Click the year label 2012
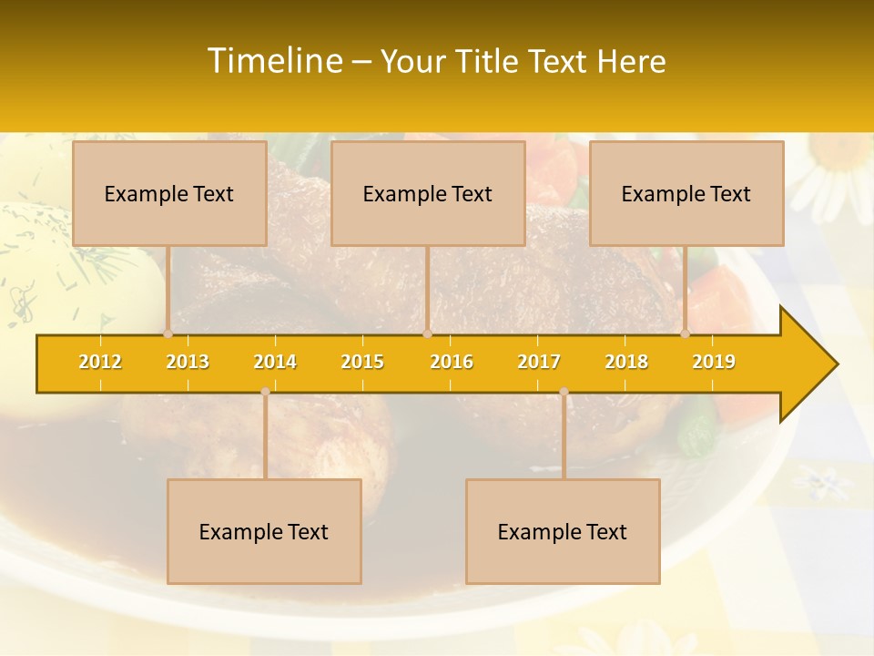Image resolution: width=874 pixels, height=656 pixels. pos(100,362)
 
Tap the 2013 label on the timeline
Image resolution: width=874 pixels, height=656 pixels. pos(188,362)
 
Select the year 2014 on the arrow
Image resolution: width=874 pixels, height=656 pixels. pos(275,362)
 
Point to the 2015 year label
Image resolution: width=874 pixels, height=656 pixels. pos(362,362)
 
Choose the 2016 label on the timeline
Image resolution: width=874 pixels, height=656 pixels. pos(452,362)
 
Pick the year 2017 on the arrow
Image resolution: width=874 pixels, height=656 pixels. pos(539,362)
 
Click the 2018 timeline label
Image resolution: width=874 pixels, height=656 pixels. pos(626,362)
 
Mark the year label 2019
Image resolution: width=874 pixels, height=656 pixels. pos(714,362)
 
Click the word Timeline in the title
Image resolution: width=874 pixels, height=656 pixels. pos(273,61)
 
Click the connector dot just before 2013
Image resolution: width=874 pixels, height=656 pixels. pos(168,334)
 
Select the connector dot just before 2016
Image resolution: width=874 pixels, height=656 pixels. pos(427,334)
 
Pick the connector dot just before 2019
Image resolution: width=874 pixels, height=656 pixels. pos(686,334)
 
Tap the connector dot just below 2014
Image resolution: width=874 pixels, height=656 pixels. pos(265,392)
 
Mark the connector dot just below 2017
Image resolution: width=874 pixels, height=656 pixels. pos(564,392)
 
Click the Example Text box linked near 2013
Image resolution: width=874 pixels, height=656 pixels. pos(169,193)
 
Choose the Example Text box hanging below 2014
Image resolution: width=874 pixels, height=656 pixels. pos(264,531)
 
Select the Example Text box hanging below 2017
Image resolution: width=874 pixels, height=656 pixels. pos(563,531)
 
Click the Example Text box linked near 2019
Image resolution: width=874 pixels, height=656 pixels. pos(686,193)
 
